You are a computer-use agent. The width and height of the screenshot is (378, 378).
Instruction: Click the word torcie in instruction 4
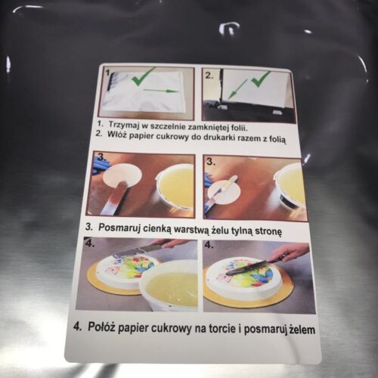coord(222,329)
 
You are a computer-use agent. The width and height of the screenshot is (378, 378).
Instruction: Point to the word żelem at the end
coord(302,330)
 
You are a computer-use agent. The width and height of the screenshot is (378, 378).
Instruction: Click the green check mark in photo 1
coord(144,76)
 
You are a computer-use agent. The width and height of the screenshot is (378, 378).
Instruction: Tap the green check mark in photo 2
coord(261,79)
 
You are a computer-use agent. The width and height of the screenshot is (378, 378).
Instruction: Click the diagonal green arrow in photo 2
coord(237,88)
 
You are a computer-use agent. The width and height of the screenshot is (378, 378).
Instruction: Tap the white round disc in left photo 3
coord(123,175)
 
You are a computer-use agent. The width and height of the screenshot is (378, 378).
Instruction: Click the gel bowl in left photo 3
coord(175,187)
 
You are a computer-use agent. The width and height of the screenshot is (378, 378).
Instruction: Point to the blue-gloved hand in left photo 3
coord(101,165)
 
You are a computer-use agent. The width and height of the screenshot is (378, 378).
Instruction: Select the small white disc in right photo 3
coord(225,191)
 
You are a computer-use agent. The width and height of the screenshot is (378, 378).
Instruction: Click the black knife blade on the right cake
coord(246,268)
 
